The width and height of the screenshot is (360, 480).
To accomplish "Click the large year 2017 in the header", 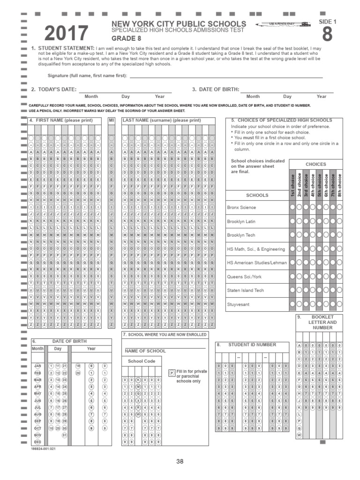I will point(66,34).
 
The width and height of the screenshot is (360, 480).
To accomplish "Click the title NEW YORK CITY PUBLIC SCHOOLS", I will point(178,23).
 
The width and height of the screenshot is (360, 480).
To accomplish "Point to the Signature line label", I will point(87,75).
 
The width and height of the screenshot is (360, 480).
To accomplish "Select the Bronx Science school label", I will point(241,207).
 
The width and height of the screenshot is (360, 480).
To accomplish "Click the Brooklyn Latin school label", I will point(241,221).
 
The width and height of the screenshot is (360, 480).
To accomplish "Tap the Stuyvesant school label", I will point(238,304).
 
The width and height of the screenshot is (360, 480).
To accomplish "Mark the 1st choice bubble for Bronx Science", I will point(292,207).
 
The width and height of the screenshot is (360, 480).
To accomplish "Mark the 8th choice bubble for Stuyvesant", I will point(339,304).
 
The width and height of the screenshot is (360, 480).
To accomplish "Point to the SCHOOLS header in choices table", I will point(257,195).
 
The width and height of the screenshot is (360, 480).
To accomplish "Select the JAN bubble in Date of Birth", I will point(38,366).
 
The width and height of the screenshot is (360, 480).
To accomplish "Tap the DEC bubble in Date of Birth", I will point(38,442).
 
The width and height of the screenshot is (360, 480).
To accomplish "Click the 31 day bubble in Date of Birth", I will point(65,435).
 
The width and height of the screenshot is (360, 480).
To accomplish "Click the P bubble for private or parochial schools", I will point(172,372).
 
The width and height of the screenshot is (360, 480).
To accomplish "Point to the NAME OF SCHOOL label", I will point(145,351).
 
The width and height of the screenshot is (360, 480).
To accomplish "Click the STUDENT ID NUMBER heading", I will point(252,345).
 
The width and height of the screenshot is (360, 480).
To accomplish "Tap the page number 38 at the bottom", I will point(180,461).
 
